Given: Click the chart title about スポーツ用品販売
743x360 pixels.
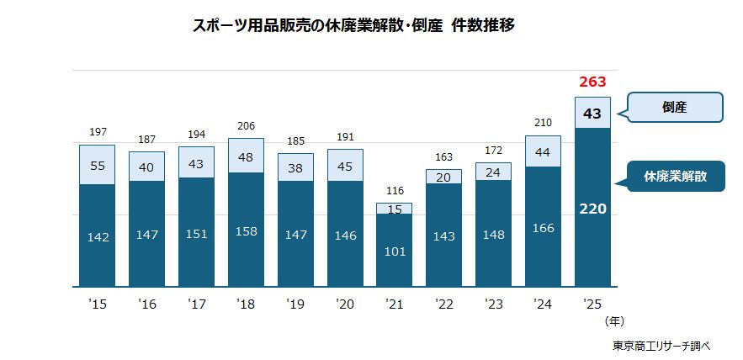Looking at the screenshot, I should coord(353,25).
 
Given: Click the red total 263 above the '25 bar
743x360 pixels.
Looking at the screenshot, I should coord(592,82).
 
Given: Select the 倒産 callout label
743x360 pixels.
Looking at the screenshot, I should coord(675,108).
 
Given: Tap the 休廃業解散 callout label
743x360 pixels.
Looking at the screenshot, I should coord(675,177).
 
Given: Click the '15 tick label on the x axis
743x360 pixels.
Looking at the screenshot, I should coord(97,303).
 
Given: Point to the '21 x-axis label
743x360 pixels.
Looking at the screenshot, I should coord(394,303).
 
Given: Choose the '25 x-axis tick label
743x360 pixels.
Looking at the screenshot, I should coord(592,303).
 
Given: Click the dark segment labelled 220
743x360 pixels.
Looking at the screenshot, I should coord(592,208).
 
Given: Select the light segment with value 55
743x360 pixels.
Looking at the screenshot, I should coord(97,166).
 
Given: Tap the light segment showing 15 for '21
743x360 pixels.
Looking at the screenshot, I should coord(394,209).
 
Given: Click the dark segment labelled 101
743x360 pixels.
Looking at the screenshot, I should coord(394,251).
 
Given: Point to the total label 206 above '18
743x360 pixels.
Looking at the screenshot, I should coord(246,125).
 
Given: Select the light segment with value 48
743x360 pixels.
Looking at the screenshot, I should coord(246,156).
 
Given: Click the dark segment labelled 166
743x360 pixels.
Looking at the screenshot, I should coord(543,227).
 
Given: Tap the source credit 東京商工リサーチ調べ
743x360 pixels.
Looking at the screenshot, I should coord(661,345).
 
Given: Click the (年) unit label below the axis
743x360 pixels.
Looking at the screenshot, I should coord(614,320).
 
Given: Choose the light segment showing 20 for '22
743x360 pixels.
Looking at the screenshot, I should coord(443,177).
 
